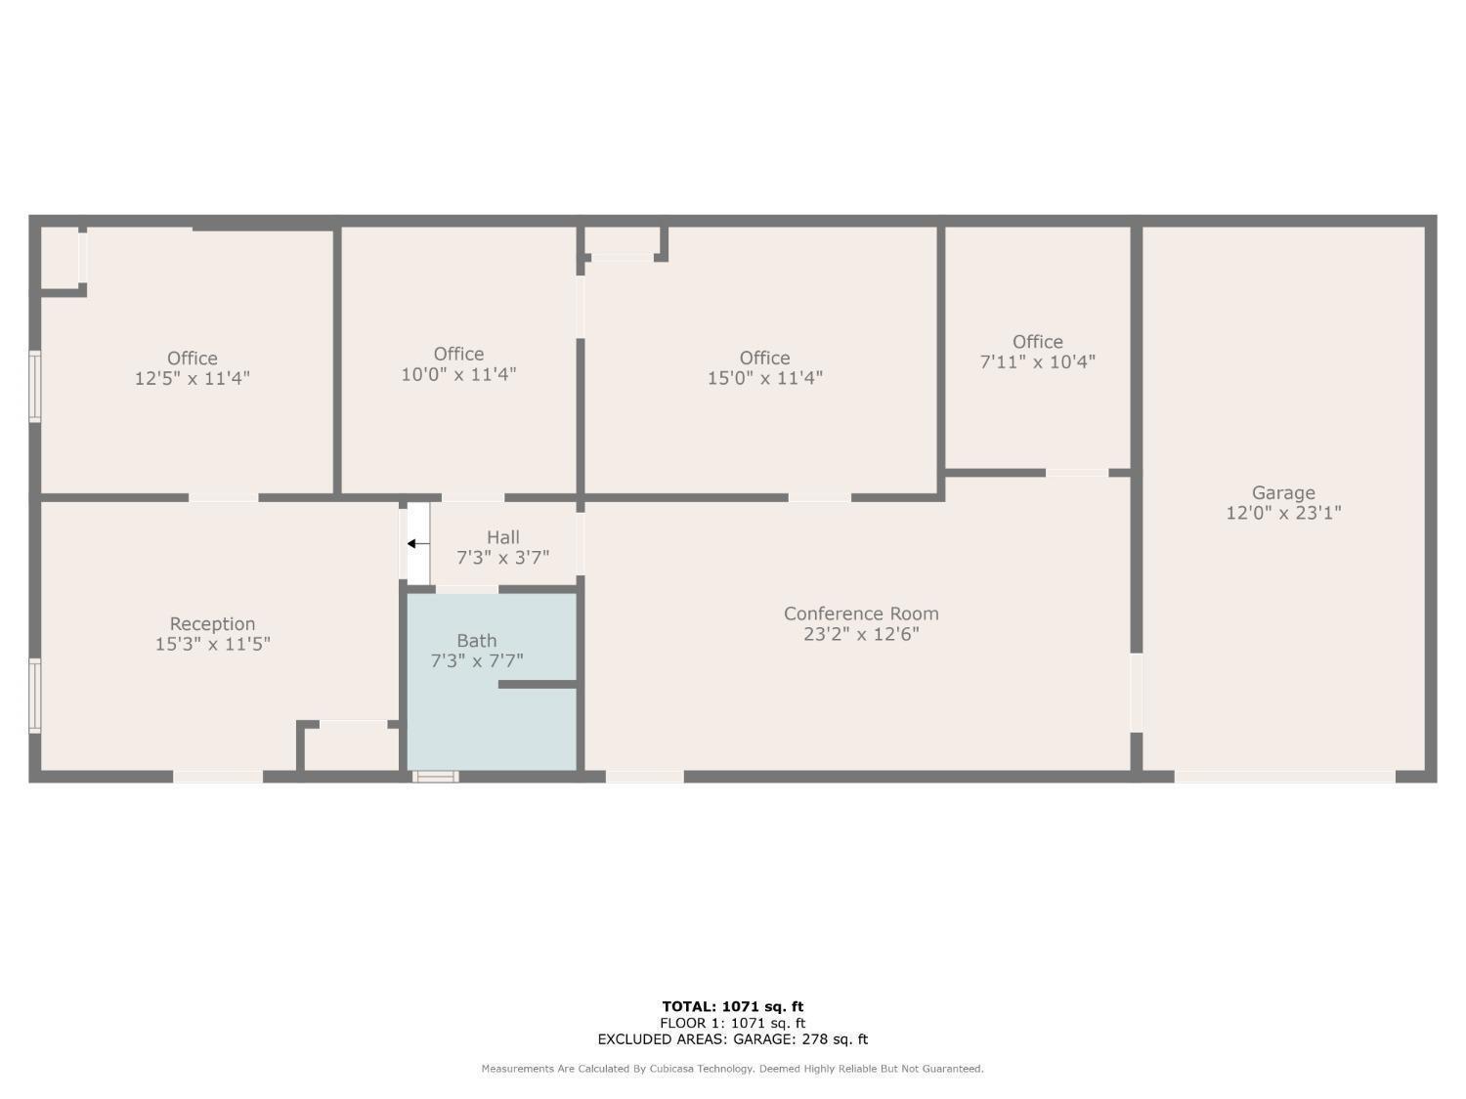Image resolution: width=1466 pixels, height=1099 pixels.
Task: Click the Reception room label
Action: pos(212,624)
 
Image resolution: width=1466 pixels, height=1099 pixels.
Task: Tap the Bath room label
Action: pos(477,641)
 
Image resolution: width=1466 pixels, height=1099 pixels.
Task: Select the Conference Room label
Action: pos(861,613)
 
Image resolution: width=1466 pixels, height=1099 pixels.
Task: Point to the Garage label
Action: pos(1283,493)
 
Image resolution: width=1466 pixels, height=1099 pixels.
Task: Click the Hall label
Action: pos(503,537)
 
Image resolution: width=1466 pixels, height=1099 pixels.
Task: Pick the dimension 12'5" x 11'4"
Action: pos(193,378)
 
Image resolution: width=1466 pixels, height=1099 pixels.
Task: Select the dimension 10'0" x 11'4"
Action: pos(458,374)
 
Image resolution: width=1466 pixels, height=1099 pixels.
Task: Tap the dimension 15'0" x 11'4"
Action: pos(764,378)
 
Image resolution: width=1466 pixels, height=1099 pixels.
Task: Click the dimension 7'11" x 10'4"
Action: pos(1037,361)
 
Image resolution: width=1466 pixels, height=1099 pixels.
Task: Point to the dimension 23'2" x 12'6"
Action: pos(861,634)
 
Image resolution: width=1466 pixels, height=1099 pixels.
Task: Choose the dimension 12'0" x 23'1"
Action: pos(1283,513)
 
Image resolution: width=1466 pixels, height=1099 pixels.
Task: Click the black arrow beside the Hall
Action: pos(418,544)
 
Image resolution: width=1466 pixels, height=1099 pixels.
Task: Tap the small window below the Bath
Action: pos(436,776)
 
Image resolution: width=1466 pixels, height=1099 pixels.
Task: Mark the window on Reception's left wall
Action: pos(35,696)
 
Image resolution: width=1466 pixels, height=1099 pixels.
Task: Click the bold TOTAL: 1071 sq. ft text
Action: pos(733,1006)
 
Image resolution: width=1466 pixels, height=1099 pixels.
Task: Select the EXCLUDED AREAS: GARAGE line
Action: pos(733,1039)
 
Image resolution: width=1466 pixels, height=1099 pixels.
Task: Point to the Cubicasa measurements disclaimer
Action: pos(733,1069)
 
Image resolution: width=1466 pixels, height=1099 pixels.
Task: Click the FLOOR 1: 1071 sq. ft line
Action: pos(733,1023)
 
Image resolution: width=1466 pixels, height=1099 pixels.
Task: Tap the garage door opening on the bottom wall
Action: pos(1285,777)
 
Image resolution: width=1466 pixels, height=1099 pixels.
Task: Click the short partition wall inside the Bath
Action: pos(538,684)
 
